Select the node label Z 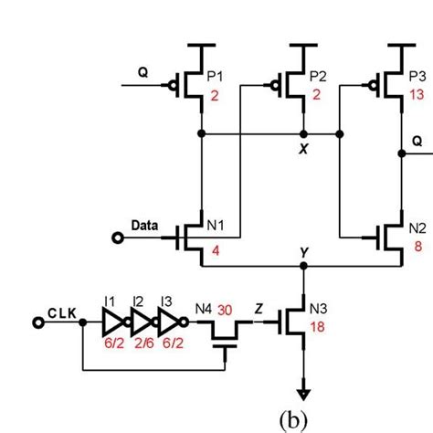[x=259, y=309]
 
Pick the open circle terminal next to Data [x=118, y=238]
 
